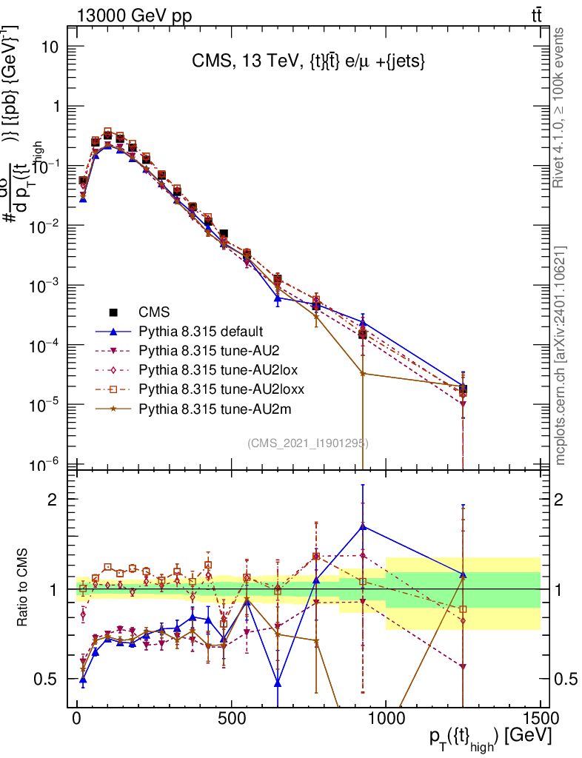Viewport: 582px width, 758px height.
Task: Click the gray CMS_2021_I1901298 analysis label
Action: click(307, 443)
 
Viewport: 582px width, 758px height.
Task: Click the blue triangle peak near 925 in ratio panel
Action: click(363, 526)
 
